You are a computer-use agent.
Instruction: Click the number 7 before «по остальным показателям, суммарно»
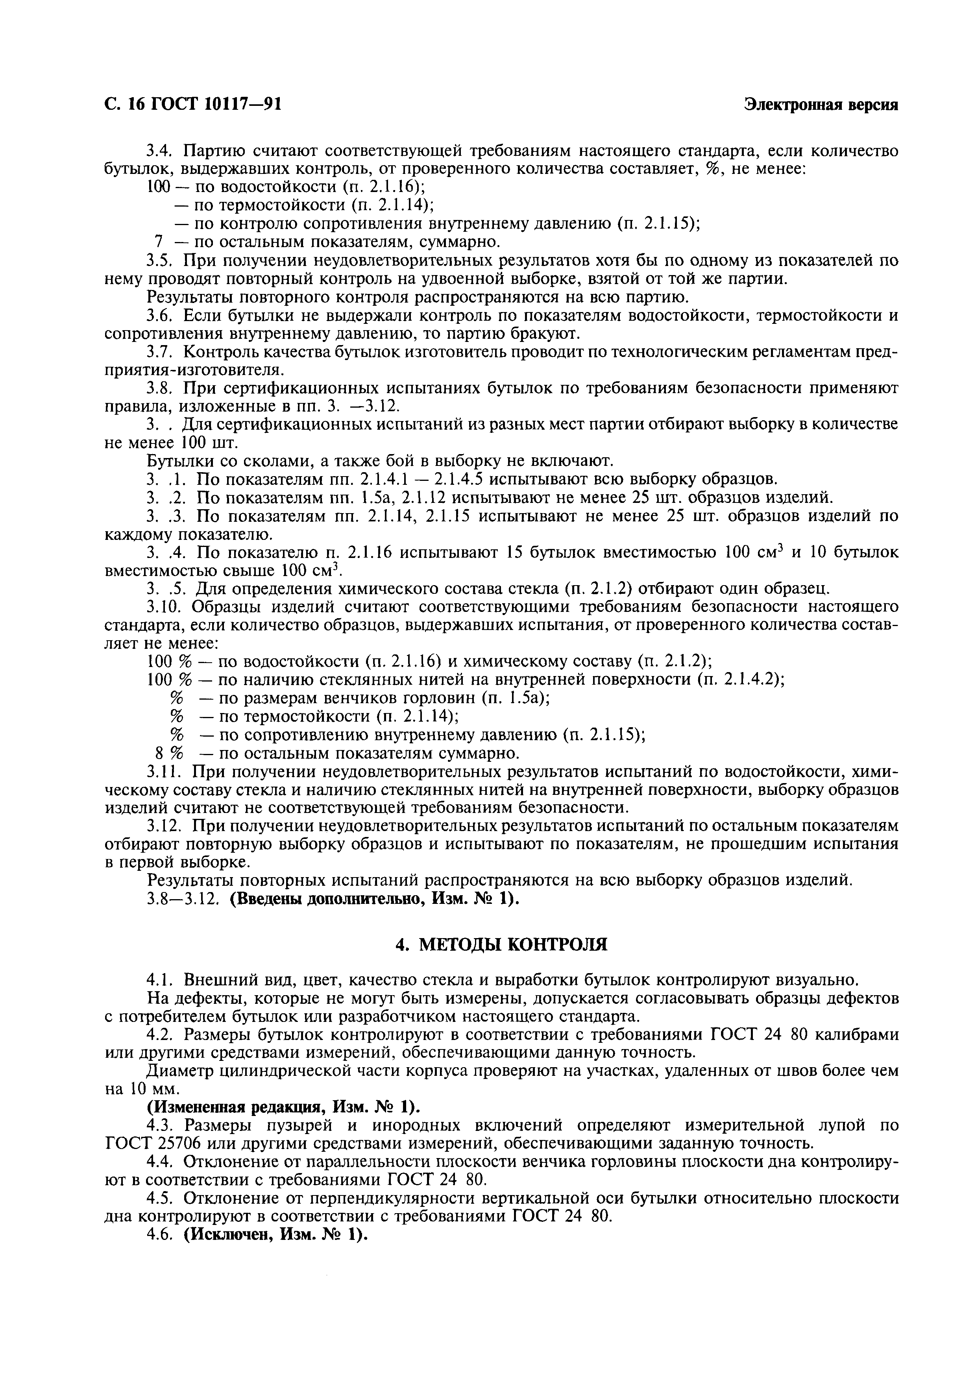pos(159,242)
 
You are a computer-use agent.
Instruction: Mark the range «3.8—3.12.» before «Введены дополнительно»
pos(185,899)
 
